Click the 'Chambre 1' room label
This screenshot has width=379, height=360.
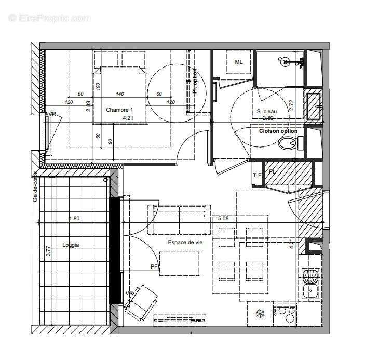coord(119,110)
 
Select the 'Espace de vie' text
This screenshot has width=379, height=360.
coord(185,242)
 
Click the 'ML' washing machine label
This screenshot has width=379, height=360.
coord(238,62)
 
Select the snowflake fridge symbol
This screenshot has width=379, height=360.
coord(259,313)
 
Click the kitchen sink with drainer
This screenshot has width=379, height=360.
coord(310,284)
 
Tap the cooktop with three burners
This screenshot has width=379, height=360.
coord(285,313)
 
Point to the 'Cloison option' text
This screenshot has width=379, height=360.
coord(278,131)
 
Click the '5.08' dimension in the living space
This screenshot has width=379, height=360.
coord(224,219)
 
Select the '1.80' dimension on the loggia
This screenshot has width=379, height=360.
coord(75,219)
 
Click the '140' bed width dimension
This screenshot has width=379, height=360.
coord(120,94)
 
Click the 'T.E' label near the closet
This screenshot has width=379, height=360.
coord(257,175)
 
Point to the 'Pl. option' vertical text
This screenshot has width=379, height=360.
coord(195,81)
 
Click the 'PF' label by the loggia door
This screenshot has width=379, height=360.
coord(154,267)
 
